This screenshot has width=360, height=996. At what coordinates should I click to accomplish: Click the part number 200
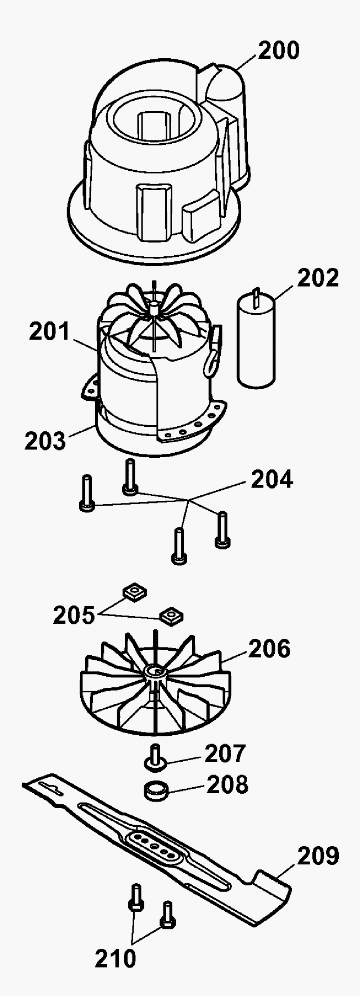point(278,51)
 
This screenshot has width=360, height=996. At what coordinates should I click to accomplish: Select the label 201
point(49,332)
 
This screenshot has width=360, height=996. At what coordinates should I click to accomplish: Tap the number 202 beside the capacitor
point(318,278)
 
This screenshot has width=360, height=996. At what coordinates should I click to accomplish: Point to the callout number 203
point(45,441)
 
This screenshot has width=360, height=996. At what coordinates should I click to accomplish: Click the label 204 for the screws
point(272,479)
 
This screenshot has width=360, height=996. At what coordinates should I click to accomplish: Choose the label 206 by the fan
point(269,649)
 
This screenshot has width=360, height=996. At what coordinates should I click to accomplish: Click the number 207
point(225,754)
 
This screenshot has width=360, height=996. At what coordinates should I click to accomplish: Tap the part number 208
point(228,785)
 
